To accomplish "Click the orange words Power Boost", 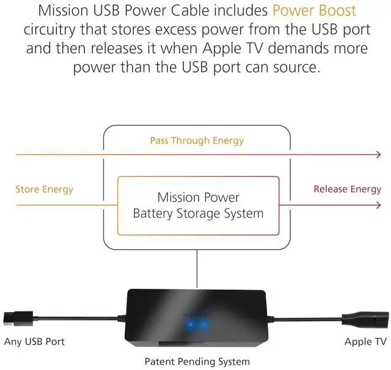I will coord(314,11).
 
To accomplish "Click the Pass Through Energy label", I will coord(197,140).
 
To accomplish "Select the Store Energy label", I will coord(44,189).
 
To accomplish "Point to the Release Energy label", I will coord(347,189).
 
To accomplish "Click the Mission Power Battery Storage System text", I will coord(198,206).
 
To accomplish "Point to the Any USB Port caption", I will coord(34,341).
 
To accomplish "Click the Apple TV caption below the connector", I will coord(366,341).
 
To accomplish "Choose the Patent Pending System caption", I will coord(197,361).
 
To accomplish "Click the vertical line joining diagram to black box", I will coord(197,269).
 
